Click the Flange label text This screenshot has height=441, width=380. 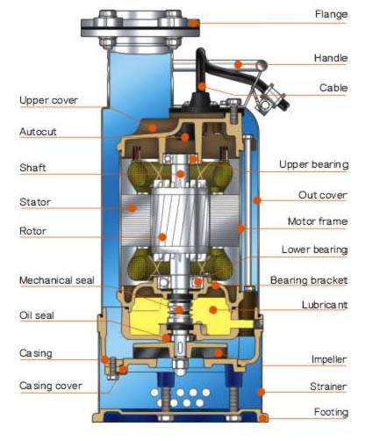coord(331,14)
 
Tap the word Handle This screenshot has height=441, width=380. coord(331,58)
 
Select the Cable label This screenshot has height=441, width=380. coord(333,88)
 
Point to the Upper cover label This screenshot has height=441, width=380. coord(48,100)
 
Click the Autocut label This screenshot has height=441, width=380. coord(38,132)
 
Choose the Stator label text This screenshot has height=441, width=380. coord(35,202)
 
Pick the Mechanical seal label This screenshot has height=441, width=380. coord(57,280)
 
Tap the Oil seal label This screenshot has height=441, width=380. coord(37,315)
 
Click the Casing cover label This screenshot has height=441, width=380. coord(51,386)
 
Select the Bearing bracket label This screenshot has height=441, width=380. coord(309,280)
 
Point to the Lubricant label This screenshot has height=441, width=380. coord(325,305)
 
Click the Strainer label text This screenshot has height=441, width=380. coord(328,387)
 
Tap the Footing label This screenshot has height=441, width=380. coord(331,412)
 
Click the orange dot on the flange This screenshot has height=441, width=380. coord(193,23)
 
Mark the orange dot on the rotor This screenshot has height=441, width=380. coord(162,237)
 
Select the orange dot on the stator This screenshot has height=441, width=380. coord(132,208)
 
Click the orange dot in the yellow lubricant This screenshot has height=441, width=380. coord(213,309)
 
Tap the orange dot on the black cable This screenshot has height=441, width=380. coord(202,87)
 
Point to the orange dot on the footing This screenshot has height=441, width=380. coord(263,418)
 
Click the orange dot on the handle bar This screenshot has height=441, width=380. coord(239,64)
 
